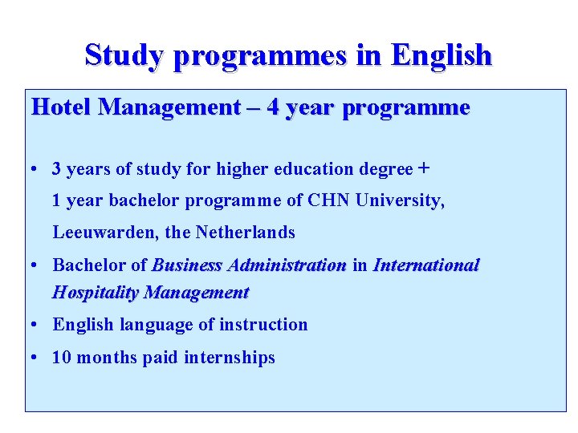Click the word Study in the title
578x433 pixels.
coord(124,55)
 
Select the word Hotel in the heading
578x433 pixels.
coord(61,107)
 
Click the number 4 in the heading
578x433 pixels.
coord(274,107)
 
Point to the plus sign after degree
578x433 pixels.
coord(424,168)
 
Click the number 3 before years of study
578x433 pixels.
coord(57,169)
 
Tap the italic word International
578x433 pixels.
coord(425,265)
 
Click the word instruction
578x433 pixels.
coord(267,325)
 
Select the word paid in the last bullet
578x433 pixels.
coord(161,358)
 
